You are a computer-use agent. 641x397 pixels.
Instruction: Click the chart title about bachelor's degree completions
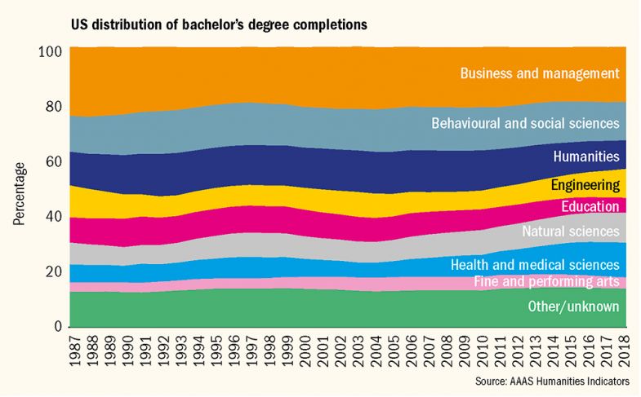pyautogui.click(x=219, y=24)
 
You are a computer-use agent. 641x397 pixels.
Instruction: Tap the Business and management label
pyautogui.click(x=540, y=73)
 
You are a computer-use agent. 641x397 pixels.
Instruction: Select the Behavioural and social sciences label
pyautogui.click(x=524, y=124)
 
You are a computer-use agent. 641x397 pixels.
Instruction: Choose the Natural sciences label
pyautogui.click(x=570, y=232)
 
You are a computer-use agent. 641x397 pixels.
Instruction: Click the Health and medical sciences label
pyautogui.click(x=536, y=265)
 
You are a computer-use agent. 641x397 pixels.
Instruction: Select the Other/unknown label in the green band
pyautogui.click(x=574, y=307)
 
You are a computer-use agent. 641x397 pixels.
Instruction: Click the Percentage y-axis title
pyautogui.click(x=19, y=194)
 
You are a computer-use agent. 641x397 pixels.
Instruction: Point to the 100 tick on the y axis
pyautogui.click(x=51, y=51)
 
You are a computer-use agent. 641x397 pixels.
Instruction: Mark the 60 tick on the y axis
pyautogui.click(x=55, y=161)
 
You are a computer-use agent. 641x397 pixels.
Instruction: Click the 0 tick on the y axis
pyautogui.click(x=59, y=327)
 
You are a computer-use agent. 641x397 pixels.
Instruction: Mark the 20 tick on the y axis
pyautogui.click(x=55, y=271)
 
